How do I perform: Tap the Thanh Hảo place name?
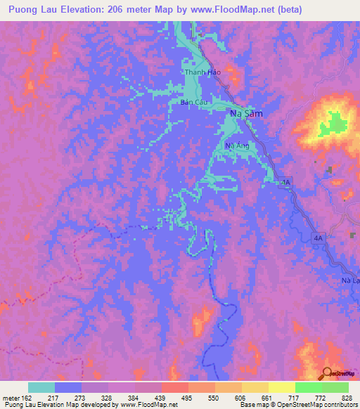pos(198,72)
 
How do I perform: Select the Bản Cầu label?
pos(192,103)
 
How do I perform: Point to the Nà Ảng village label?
pos(237,146)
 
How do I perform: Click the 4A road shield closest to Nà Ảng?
pos(285,183)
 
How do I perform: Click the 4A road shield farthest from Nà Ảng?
pos(318,239)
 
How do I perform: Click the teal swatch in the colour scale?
pos(41,387)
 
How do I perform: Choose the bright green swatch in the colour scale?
pos(308,387)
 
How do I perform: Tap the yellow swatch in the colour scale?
pos(255,387)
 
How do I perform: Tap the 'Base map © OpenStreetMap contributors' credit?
pos(298,405)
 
